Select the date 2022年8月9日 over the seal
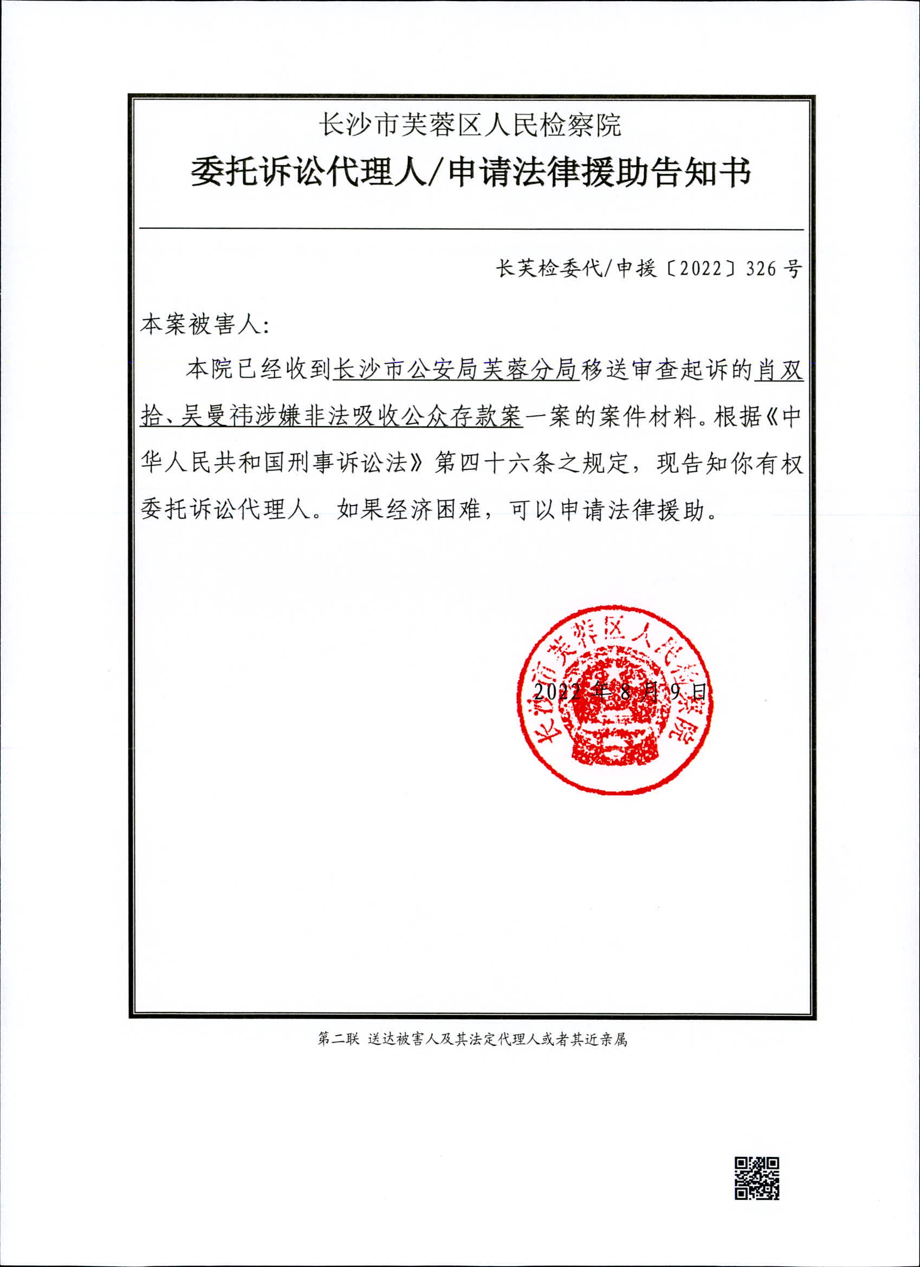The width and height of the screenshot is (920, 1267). point(620,693)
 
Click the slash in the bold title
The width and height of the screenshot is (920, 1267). point(434,172)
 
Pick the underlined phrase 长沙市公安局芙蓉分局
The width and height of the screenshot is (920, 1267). point(455,370)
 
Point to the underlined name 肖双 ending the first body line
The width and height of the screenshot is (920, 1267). point(779,370)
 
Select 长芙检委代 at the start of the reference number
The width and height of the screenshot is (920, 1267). point(549,269)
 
